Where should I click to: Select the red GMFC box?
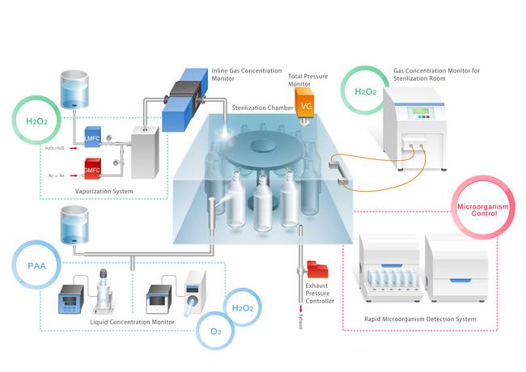pos(91,167)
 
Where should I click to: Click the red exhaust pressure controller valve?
pos(316,268)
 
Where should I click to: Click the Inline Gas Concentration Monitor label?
pos(242,75)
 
